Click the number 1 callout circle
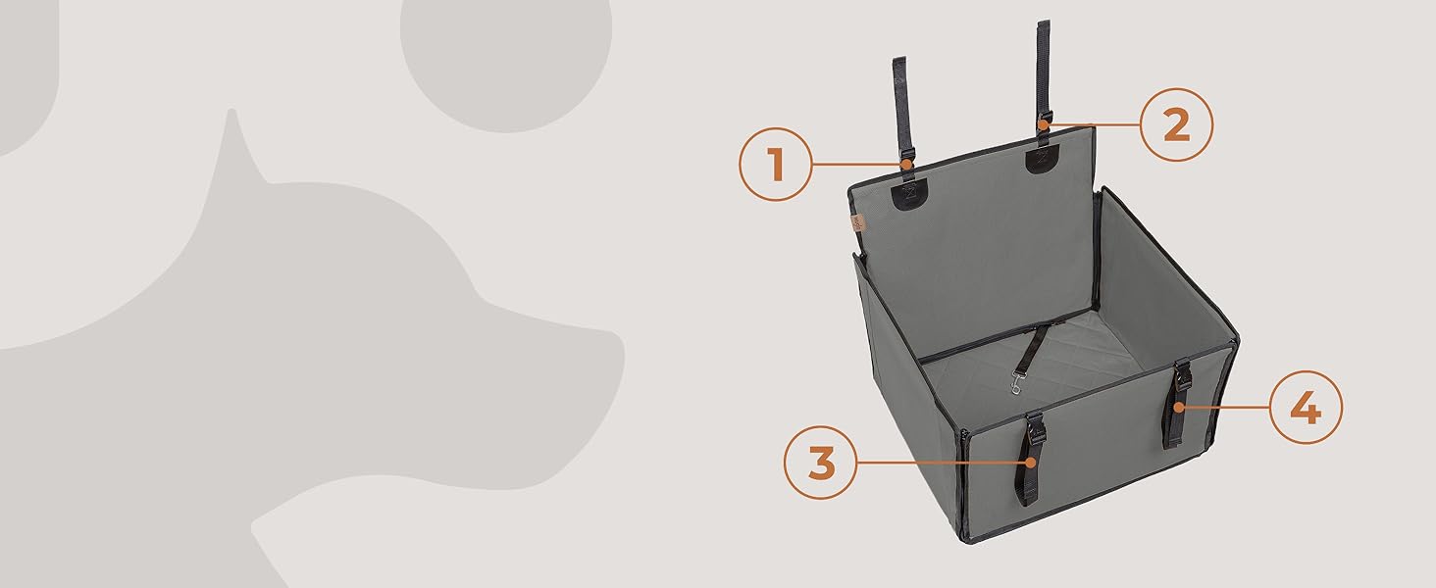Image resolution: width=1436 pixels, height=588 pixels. [x=776, y=164]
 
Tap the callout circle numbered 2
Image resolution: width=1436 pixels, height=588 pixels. [x=1176, y=124]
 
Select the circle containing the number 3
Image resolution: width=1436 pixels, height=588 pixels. [x=821, y=463]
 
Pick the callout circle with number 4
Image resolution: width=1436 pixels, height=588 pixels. [x=1306, y=408]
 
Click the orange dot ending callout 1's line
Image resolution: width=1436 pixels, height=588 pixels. [x=905, y=165]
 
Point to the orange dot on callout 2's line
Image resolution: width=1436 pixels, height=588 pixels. [x=1043, y=124]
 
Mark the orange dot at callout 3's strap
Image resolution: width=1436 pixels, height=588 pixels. [x=1030, y=462]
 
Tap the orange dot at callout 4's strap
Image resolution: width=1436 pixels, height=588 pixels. [x=1178, y=407]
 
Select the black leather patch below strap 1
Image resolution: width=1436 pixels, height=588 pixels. [x=909, y=195]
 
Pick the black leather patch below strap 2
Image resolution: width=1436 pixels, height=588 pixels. [x=1043, y=158]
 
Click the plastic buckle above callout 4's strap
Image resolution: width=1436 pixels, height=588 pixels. [x=1183, y=375]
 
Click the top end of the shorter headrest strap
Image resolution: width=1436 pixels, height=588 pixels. [x=899, y=60]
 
